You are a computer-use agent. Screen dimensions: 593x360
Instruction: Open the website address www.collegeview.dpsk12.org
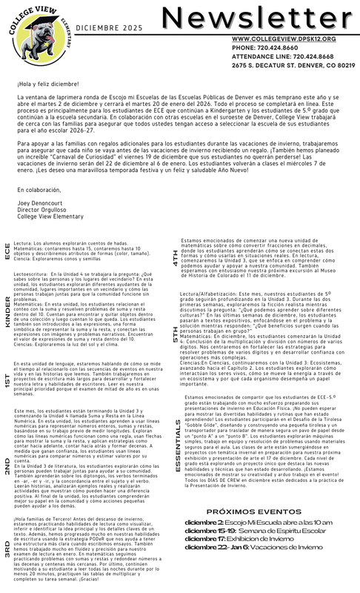tap(273, 38)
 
